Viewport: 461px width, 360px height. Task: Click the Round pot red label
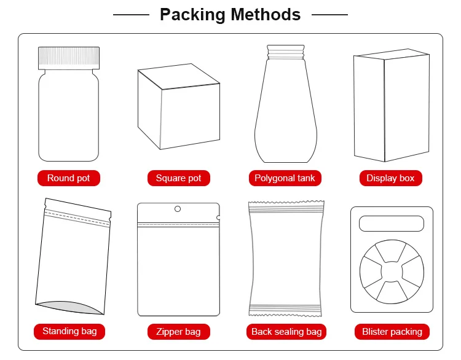(x=68, y=178)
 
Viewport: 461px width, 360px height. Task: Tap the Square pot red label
(x=178, y=178)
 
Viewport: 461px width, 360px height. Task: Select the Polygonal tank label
(x=285, y=178)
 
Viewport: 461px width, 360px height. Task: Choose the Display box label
(x=390, y=178)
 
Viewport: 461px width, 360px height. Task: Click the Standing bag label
(x=69, y=331)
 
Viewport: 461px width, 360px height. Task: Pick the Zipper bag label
(x=178, y=332)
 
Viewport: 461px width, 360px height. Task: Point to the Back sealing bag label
(x=286, y=332)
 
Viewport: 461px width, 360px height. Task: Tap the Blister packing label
(x=392, y=332)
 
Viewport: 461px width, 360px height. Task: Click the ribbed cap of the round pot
(x=68, y=57)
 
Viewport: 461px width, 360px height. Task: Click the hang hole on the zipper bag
(x=178, y=209)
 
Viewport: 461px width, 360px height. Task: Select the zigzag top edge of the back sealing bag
(x=285, y=205)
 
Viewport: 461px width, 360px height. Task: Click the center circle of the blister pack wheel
(x=391, y=270)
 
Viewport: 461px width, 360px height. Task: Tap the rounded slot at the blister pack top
(x=391, y=223)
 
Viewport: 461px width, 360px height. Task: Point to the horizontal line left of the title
(x=131, y=14)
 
